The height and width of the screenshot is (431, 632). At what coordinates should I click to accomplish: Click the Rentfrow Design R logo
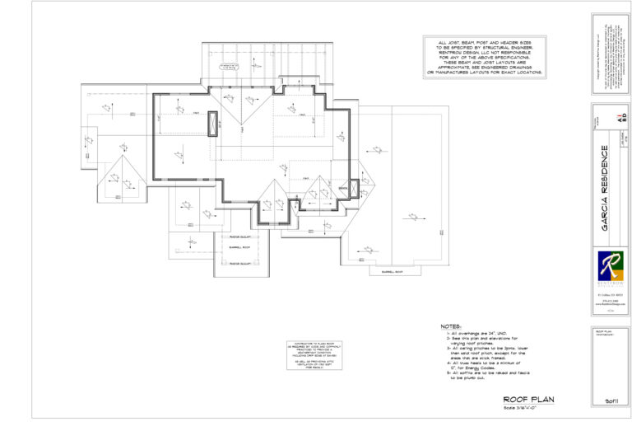pyautogui.click(x=610, y=267)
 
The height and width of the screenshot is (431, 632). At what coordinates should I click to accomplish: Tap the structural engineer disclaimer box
pyautogui.click(x=484, y=57)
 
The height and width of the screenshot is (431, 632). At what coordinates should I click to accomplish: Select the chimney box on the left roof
pyautogui.click(x=214, y=123)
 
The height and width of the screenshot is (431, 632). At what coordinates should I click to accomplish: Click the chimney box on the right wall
pyautogui.click(x=355, y=190)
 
